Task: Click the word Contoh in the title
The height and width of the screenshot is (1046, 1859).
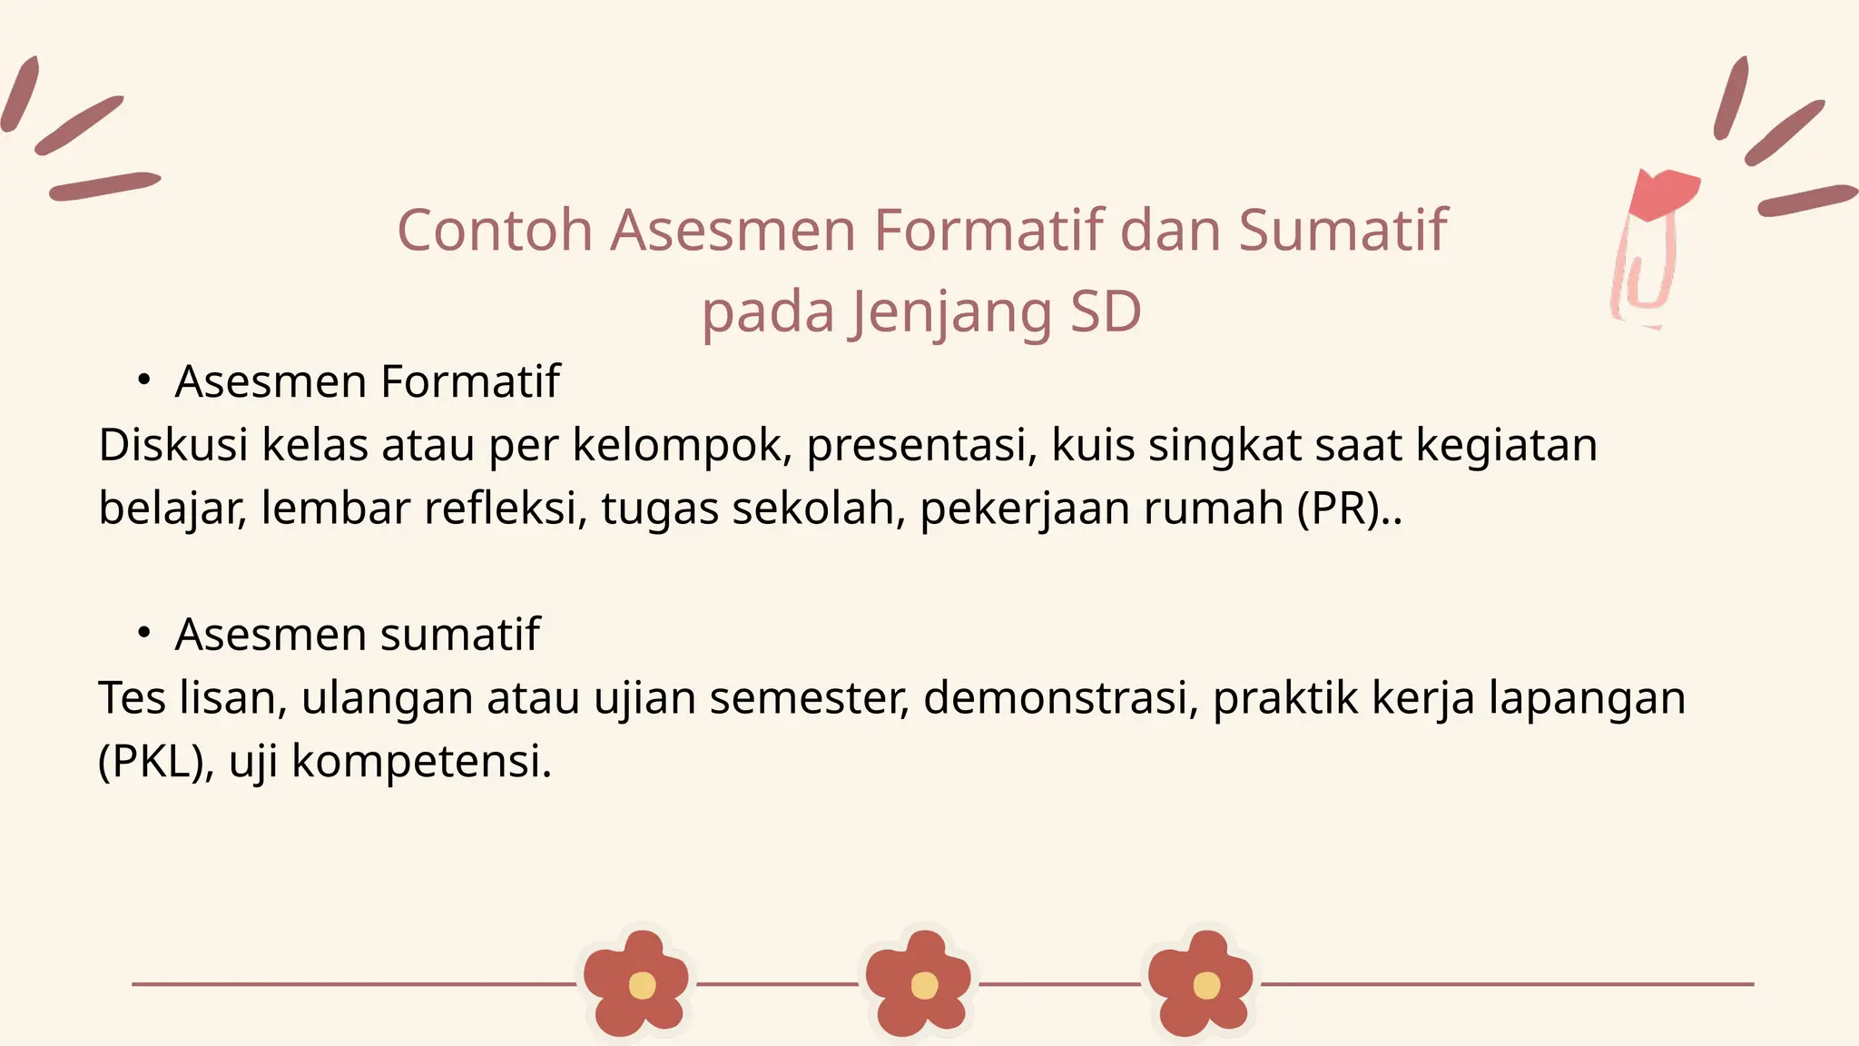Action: pos(495,231)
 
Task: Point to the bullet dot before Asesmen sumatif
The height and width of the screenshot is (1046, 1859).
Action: pos(143,633)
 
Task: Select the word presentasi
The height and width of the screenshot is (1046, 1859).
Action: pos(921,447)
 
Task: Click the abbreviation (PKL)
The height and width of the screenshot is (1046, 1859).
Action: pos(153,761)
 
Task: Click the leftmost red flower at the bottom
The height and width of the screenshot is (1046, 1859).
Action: pos(636,983)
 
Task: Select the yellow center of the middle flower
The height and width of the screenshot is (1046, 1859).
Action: pos(924,985)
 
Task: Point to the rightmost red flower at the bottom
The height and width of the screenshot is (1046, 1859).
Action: pos(1201,983)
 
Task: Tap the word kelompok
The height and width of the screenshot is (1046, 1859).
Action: pos(681,447)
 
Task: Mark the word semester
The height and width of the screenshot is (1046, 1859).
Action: pos(810,698)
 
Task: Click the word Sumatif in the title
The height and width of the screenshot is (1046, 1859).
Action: pos(1343,231)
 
